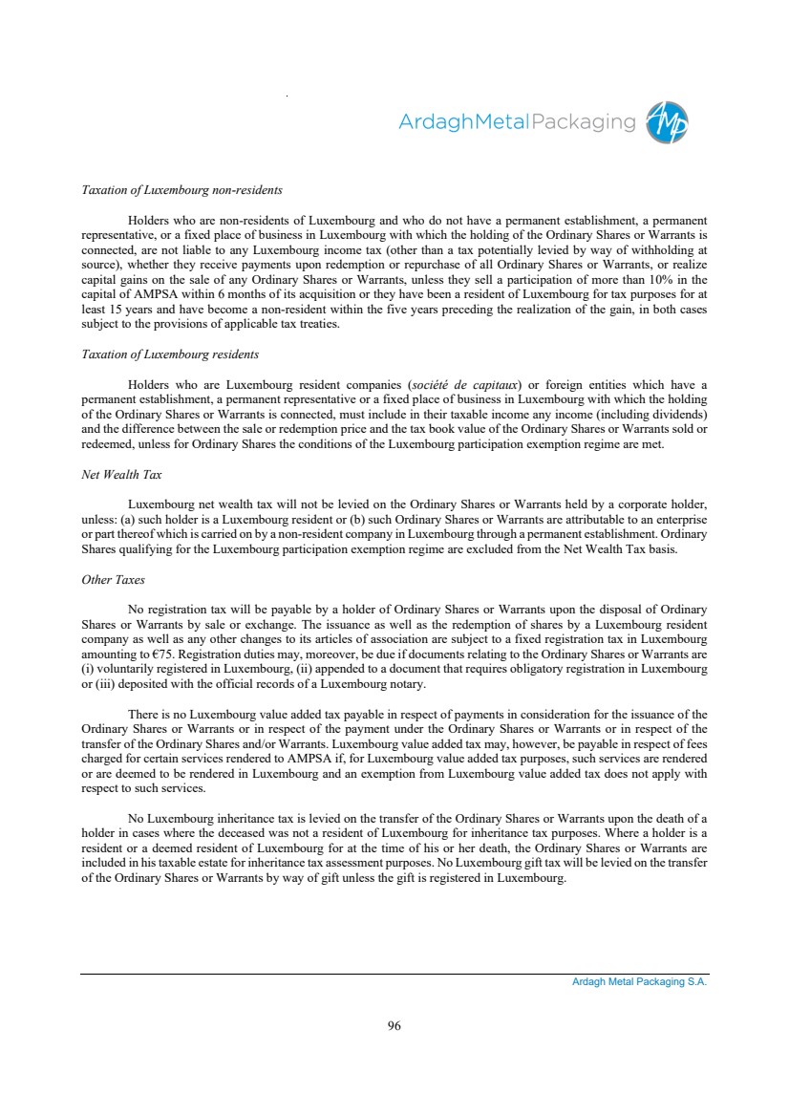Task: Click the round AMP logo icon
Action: [667, 122]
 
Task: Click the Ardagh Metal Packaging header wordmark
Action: [516, 122]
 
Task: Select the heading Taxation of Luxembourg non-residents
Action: [181, 189]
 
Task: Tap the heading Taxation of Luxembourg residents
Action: [170, 354]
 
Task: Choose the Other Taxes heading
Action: [113, 580]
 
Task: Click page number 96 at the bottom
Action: [394, 1026]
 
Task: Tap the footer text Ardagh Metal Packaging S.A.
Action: [632, 981]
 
